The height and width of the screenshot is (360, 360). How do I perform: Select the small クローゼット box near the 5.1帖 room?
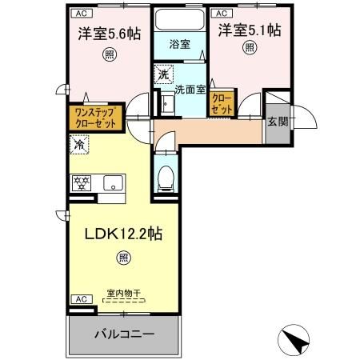click(222, 102)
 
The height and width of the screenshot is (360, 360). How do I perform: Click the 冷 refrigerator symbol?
click(79, 146)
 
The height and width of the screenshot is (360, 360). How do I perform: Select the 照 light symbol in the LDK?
click(122, 258)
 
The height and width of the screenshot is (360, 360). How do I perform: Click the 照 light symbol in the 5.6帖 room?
click(108, 54)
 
